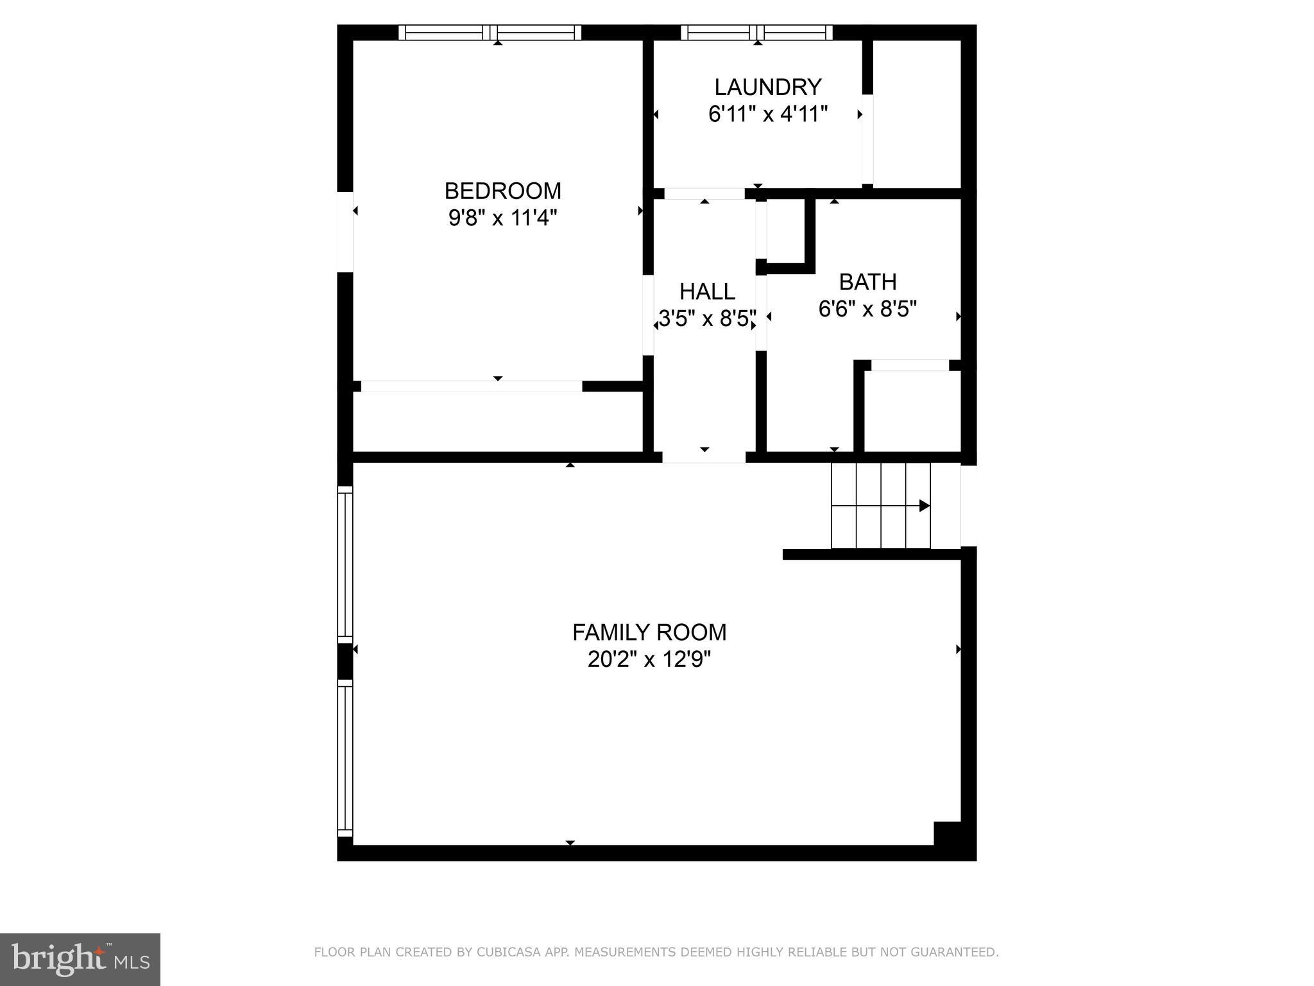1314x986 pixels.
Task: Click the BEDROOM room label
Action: [502, 191]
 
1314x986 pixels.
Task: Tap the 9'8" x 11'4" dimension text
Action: [502, 218]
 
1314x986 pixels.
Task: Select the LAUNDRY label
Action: [767, 87]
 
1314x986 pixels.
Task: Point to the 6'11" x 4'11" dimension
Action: [767, 114]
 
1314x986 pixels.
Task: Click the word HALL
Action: [707, 291]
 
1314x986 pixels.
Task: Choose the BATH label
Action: [867, 282]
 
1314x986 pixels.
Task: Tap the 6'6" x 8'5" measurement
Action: [867, 309]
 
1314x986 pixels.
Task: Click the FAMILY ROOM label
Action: [649, 632]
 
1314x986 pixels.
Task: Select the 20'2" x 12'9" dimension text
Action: [649, 659]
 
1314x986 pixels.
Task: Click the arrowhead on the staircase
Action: [925, 506]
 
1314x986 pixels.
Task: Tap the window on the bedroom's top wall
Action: [490, 32]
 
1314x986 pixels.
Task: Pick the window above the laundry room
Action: [756, 32]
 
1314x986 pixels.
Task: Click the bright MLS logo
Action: [80, 960]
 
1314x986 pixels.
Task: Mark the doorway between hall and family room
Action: [704, 457]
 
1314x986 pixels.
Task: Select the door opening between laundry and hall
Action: [704, 193]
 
